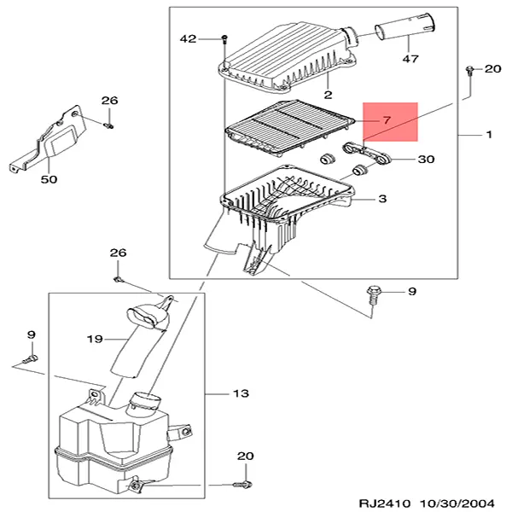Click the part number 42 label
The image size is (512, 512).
pyautogui.click(x=188, y=39)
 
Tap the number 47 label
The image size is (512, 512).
pyautogui.click(x=410, y=59)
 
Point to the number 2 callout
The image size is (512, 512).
pyautogui.click(x=329, y=95)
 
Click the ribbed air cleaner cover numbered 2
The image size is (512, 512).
pyautogui.click(x=287, y=58)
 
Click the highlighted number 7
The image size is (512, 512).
pyautogui.click(x=387, y=120)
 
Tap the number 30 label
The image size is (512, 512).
pyautogui.click(x=426, y=159)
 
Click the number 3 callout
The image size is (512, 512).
pyautogui.click(x=382, y=199)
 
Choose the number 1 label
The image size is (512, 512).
pyautogui.click(x=489, y=134)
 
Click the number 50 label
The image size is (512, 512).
pyautogui.click(x=49, y=179)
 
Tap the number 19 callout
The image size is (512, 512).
pyautogui.click(x=95, y=339)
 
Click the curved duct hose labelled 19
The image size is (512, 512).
pyautogui.click(x=139, y=343)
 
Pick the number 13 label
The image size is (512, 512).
pyautogui.click(x=241, y=393)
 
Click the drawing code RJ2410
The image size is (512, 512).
pyautogui.click(x=385, y=503)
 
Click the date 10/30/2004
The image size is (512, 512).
pyautogui.click(x=457, y=503)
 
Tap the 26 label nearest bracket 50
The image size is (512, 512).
pyautogui.click(x=109, y=100)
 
